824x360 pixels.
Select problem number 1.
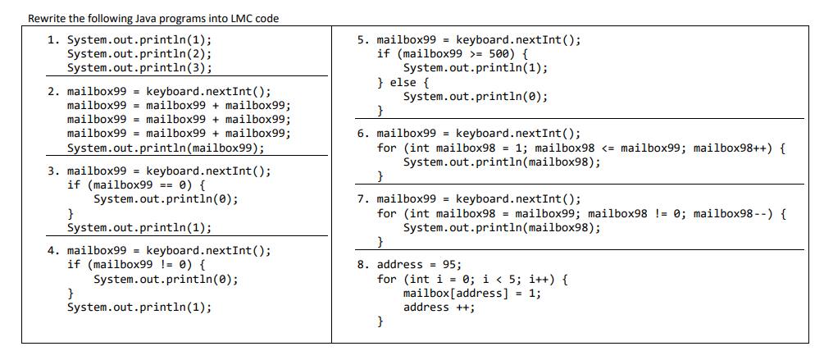(x=51, y=39)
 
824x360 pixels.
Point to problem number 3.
(x=51, y=171)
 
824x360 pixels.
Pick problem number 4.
(x=51, y=251)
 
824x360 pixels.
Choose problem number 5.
(x=362, y=39)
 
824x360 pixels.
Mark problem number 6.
(x=362, y=133)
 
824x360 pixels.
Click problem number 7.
(x=362, y=199)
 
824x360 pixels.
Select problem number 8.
(x=362, y=264)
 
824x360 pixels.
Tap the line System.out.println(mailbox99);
(x=166, y=148)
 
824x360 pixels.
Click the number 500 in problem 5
(x=498, y=53)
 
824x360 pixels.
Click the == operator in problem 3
(x=166, y=185)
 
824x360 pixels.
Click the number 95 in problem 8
(x=450, y=264)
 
